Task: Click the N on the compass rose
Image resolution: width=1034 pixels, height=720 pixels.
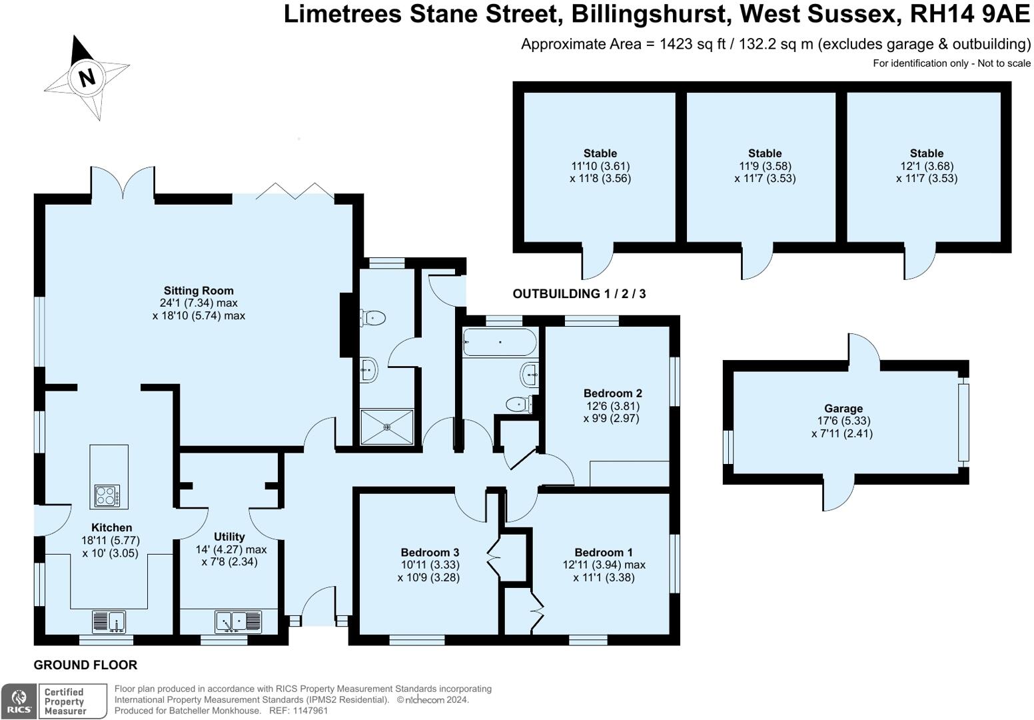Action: point(86,77)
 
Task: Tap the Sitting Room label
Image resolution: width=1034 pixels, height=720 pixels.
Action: point(199,291)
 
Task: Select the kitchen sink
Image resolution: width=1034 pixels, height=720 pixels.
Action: point(109,622)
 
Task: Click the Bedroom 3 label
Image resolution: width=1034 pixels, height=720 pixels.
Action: point(430,552)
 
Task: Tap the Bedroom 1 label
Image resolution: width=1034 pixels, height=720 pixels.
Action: point(604,552)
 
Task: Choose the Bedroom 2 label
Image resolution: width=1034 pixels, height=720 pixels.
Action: point(612,393)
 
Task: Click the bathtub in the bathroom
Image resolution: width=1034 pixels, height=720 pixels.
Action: point(499,341)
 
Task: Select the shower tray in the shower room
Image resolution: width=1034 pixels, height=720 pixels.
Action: point(387,427)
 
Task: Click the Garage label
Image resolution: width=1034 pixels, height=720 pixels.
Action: point(843,409)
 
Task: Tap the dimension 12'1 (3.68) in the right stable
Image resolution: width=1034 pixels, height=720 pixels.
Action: point(926,166)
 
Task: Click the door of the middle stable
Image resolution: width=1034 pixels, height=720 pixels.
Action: point(758,261)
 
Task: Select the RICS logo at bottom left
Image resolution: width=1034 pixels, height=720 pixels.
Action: point(19,701)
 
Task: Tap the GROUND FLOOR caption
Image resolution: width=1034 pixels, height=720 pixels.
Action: point(85,665)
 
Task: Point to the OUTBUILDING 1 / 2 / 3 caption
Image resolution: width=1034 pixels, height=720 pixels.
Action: point(578,294)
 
